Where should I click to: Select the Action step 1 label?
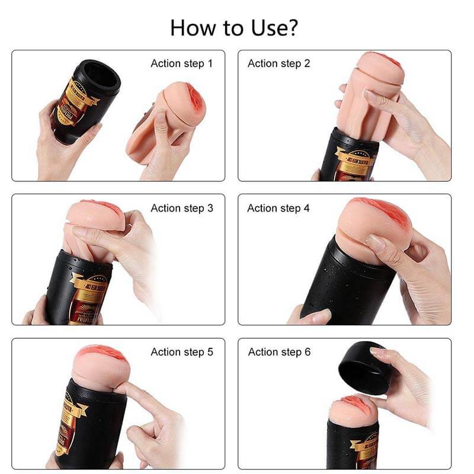coord(181,63)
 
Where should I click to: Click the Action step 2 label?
coord(278,63)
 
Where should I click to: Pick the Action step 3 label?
coord(181,208)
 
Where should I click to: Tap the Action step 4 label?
coord(278,208)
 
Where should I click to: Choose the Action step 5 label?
coord(181,352)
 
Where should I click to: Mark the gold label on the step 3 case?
coord(89,296)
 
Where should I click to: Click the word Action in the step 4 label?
coord(262,208)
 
